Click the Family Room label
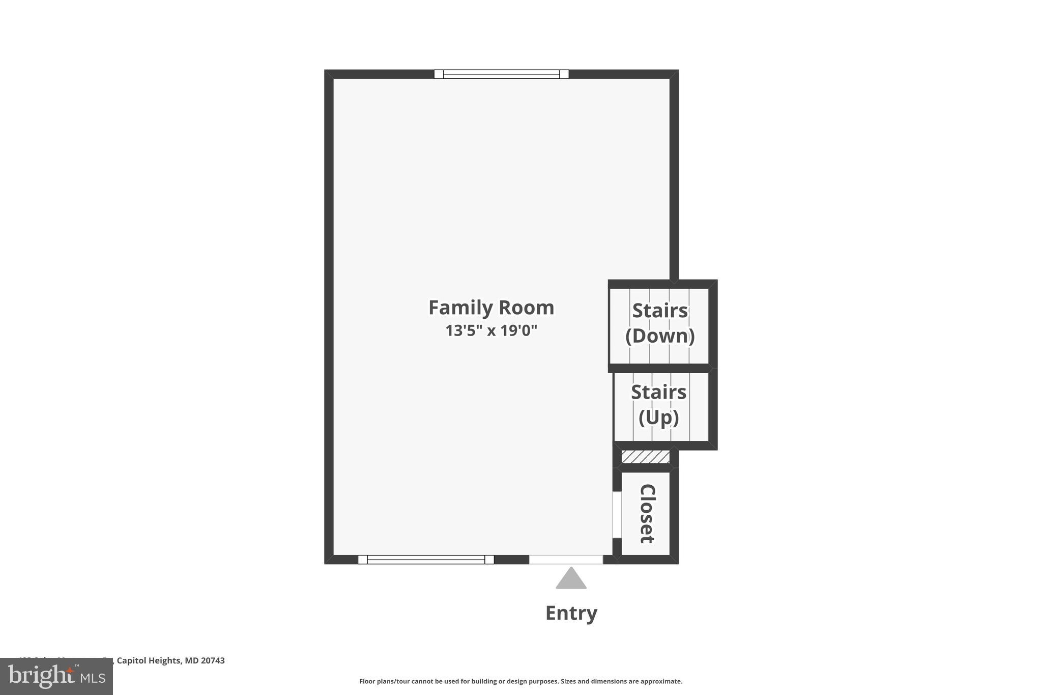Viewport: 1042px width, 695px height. click(491, 308)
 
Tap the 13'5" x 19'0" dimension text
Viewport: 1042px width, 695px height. click(491, 331)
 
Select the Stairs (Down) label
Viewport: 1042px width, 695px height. click(659, 323)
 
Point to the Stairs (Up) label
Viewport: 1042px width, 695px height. click(658, 405)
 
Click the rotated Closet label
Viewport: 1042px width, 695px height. click(647, 513)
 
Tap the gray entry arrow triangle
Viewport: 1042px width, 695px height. click(571, 579)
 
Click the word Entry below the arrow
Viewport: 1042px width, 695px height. click(571, 613)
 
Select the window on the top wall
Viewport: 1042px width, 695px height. click(501, 74)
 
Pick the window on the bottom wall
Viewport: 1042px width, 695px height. click(426, 560)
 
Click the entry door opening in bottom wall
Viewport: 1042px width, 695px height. click(566, 560)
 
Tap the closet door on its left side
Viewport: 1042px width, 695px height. click(616, 514)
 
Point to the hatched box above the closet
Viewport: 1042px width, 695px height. click(645, 457)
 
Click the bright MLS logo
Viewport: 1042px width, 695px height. click(56, 676)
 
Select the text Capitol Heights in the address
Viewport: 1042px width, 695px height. click(149, 660)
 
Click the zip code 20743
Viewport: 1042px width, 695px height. click(212, 660)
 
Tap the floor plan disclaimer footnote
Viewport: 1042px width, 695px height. click(520, 681)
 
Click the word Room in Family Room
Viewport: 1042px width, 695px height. click(526, 308)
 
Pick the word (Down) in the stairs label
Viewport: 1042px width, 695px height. click(659, 336)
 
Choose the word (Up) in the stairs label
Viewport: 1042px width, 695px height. click(658, 418)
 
